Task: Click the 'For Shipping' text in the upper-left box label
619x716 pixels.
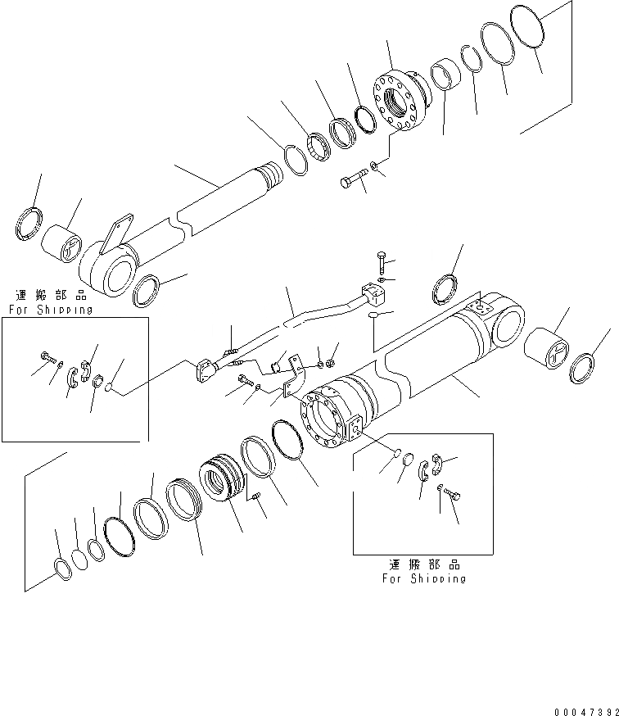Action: coord(51,310)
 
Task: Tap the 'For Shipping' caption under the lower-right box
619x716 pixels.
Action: coord(423,578)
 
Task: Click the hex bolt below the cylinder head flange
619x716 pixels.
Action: coord(353,180)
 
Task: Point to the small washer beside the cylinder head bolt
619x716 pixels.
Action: coord(375,167)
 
